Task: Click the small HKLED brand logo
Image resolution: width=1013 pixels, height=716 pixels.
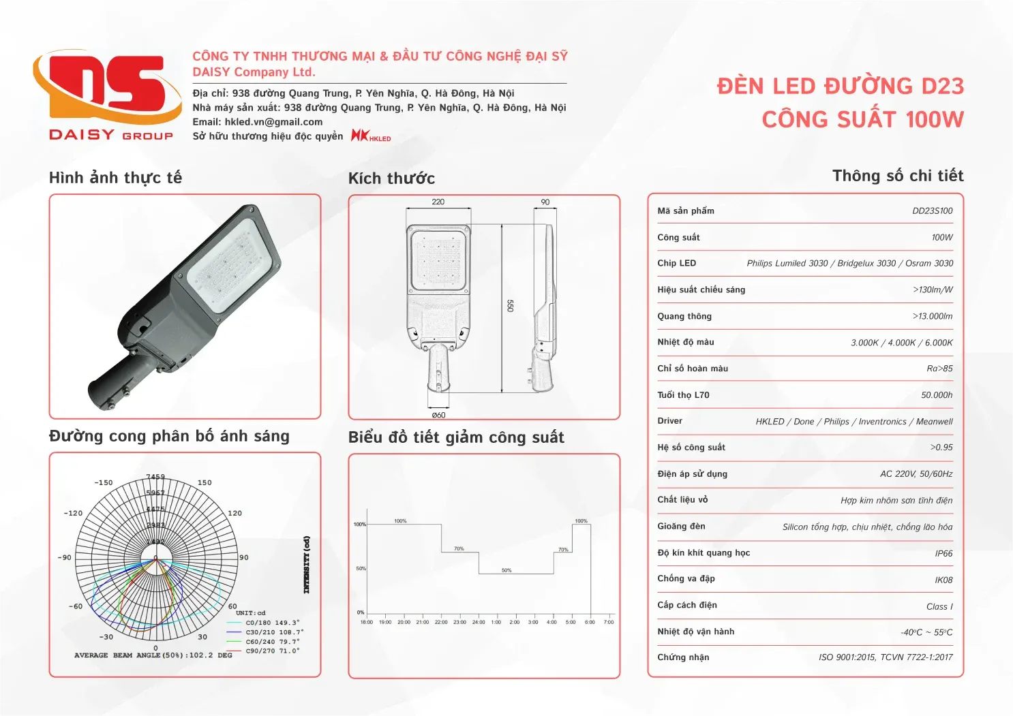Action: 371,136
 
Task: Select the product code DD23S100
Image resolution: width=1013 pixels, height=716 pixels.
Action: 932,211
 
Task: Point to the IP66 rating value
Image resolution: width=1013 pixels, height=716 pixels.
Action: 943,554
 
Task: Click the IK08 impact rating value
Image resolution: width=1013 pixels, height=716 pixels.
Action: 943,580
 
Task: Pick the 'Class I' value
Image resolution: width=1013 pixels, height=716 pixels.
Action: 939,607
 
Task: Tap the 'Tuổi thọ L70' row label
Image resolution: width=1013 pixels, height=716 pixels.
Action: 683,395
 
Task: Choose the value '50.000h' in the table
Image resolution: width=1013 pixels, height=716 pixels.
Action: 937,395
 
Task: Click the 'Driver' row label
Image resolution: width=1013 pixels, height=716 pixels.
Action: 669,421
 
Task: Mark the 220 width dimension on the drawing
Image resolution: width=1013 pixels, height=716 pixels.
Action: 438,202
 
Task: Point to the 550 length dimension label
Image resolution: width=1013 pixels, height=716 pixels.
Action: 510,306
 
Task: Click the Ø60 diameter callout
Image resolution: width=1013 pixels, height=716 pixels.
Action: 438,415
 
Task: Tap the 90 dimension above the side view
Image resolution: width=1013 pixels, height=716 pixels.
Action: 545,202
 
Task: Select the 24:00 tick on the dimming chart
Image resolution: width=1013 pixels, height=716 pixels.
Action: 479,622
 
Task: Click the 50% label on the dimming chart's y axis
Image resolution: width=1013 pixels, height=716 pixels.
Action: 361,568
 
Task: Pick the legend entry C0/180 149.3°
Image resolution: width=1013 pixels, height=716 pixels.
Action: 272,623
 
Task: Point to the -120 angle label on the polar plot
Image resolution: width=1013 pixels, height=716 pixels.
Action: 73,513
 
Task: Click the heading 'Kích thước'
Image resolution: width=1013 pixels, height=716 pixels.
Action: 391,178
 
